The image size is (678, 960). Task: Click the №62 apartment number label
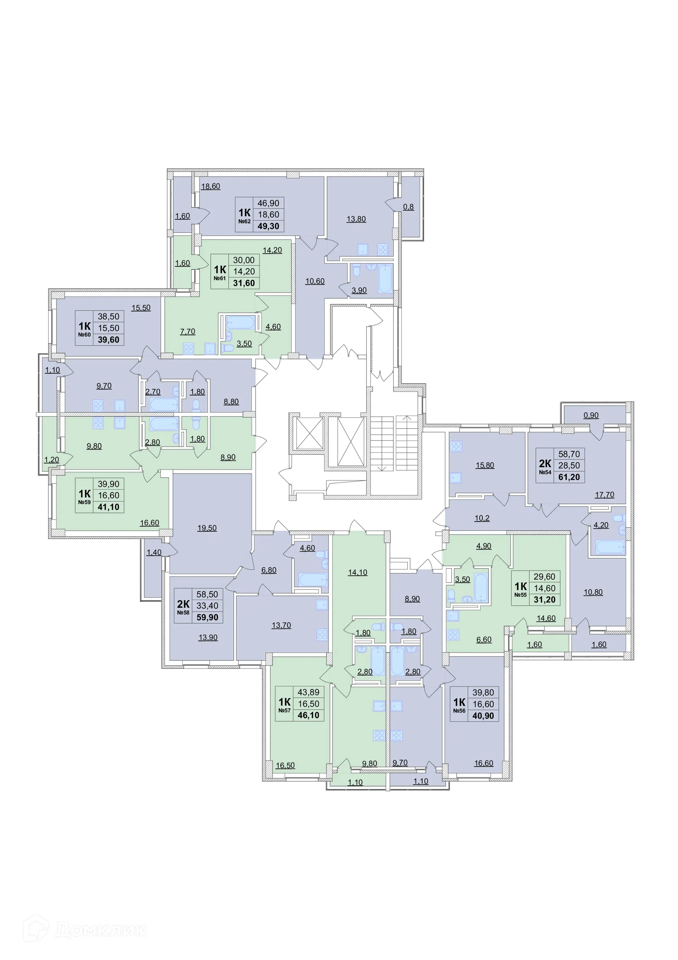point(244,221)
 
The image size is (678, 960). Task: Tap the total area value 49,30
point(268,226)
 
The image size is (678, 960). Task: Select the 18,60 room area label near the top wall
point(211,187)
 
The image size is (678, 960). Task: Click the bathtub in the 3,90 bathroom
point(385,278)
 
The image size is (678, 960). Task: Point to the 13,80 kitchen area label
point(356,219)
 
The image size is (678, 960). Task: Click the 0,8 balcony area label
point(408,207)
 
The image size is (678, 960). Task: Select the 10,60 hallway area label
point(315,281)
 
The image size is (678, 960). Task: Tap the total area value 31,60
point(244,283)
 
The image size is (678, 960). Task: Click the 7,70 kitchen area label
point(187,331)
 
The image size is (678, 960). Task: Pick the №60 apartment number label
point(84,335)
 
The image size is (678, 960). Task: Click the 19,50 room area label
point(207,528)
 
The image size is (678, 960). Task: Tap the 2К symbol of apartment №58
point(183,604)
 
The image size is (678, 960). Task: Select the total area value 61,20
point(569,477)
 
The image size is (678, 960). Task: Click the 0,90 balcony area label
point(591,416)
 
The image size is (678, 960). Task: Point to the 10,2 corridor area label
point(482,518)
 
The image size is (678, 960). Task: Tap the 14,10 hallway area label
point(357,572)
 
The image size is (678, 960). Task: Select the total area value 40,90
point(483,716)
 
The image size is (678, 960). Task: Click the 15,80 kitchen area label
point(484,465)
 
